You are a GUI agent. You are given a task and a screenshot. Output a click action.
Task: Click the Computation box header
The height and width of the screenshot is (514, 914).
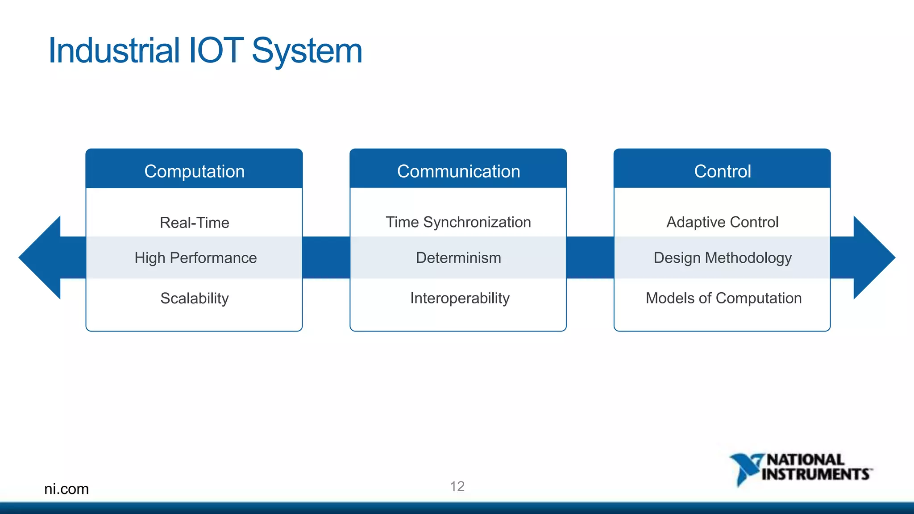194,171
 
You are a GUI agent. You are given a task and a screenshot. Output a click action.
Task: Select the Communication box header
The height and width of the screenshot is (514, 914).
458,171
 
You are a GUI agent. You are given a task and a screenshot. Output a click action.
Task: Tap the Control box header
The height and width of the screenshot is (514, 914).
722,171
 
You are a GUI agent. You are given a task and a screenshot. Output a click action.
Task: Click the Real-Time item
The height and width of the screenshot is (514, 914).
194,222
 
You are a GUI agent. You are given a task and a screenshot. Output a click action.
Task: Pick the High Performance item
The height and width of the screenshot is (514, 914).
195,258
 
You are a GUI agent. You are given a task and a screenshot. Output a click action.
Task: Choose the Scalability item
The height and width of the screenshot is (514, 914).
194,298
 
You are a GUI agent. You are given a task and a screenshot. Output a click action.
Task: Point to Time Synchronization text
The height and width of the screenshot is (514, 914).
458,222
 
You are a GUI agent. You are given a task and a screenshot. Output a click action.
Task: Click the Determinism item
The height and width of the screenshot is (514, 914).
458,258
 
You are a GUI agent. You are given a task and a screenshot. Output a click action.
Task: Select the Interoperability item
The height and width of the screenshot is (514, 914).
460,298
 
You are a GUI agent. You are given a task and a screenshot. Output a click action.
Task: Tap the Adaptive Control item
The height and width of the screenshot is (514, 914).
722,222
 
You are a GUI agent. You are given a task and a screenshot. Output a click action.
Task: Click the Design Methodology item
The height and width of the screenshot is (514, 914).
722,258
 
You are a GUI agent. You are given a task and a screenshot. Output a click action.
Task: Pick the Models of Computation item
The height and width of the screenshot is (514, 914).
723,298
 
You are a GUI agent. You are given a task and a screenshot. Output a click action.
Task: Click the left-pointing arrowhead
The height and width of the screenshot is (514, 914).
42,257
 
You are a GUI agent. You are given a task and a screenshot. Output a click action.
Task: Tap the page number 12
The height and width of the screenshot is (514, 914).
457,486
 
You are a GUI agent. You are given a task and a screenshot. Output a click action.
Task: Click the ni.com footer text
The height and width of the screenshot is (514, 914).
66,489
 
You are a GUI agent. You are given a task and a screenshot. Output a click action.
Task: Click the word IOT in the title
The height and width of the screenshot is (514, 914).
216,50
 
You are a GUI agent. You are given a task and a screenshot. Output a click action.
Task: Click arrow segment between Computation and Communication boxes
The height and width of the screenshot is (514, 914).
326,257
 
